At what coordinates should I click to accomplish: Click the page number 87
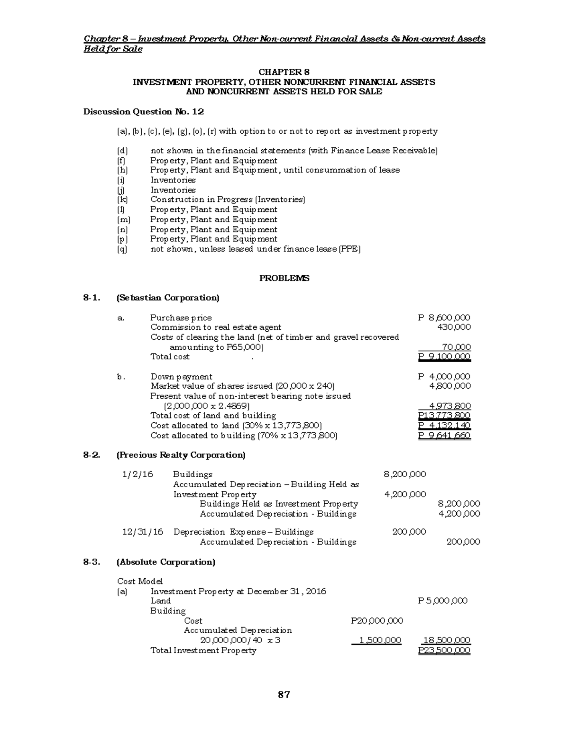click(284, 695)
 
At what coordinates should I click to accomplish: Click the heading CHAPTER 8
click(284, 72)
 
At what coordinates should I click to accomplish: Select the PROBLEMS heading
click(284, 278)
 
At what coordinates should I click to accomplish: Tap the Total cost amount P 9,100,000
click(444, 356)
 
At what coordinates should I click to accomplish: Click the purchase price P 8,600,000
click(444, 318)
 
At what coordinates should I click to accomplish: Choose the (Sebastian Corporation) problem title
click(168, 298)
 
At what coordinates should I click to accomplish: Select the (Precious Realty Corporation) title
click(181, 455)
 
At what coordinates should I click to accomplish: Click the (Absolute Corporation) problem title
click(166, 562)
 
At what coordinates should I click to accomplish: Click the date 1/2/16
click(138, 474)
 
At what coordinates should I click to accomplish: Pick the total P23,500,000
click(444, 650)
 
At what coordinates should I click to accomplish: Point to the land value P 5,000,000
click(443, 601)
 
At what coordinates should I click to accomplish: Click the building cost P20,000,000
click(377, 621)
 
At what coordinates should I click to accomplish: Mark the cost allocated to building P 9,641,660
click(444, 436)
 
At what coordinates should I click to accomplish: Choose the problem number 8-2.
click(92, 455)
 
